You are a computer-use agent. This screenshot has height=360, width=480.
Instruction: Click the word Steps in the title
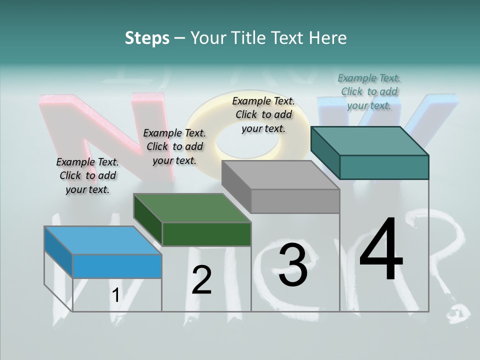147,38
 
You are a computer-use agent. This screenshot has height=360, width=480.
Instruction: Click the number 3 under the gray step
293,265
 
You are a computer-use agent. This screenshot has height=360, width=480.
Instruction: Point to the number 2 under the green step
201,280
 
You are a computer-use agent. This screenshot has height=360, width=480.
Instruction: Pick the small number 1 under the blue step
116,295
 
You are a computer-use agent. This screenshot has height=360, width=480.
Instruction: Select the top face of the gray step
280,175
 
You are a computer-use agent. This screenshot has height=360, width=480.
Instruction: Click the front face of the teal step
384,167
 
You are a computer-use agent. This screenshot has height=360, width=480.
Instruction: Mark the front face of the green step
206,234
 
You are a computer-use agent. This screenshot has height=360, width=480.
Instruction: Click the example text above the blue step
87,175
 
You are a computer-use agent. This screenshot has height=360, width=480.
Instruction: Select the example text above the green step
174,146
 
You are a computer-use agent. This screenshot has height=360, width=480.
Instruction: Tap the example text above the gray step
263,114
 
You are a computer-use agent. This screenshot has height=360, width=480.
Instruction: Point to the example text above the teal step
369,91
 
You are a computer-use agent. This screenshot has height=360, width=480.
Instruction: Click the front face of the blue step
117,266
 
